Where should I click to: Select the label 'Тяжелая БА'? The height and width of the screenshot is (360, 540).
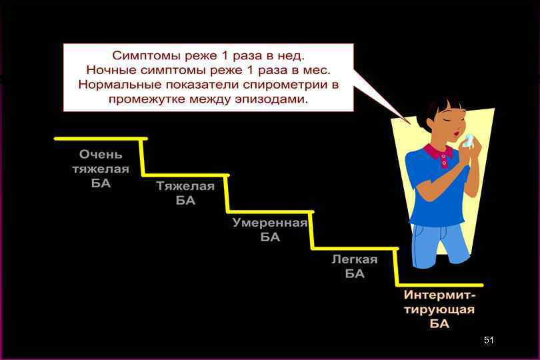coord(185,193)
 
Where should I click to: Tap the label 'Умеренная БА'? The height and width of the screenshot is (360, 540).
coord(270,230)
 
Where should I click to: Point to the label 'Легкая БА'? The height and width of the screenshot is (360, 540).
coord(355,267)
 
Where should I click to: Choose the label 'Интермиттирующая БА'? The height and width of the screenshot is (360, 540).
coord(439,309)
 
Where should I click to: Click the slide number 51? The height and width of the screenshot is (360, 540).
coord(489,341)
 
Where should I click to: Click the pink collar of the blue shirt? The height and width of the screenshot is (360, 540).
coord(437,155)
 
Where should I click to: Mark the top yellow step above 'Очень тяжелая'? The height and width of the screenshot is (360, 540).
coord(100,139)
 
